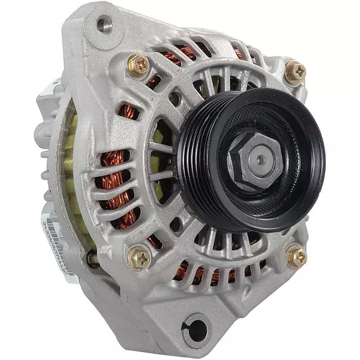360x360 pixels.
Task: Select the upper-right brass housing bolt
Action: point(295,71)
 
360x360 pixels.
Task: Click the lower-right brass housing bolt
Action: point(296,256)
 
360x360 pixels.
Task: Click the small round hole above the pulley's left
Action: point(176,99)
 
